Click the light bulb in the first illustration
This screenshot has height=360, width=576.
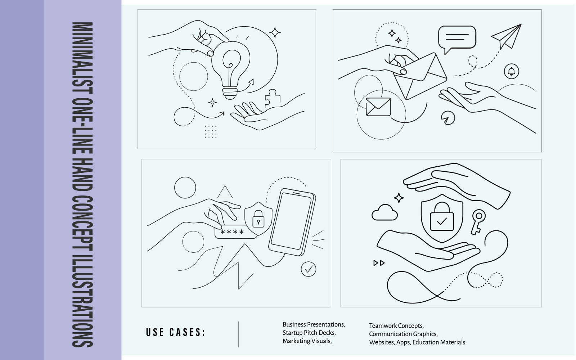tap(231, 70)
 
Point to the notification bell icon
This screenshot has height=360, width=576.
tap(512, 71)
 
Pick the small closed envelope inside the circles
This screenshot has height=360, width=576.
tap(378, 107)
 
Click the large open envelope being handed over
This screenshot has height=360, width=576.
tap(420, 76)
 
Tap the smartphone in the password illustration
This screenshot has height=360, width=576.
tap(292, 222)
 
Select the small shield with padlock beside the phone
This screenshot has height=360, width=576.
tap(258, 218)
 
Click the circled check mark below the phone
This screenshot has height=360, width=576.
tap(308, 269)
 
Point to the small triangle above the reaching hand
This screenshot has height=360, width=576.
tap(225, 192)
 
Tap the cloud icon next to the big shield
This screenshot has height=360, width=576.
tap(385, 212)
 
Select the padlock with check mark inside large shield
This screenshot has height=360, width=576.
tap(442, 216)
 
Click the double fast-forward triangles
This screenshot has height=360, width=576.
tap(379, 263)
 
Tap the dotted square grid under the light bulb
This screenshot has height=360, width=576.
tap(211, 132)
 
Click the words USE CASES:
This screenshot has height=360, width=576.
tap(176, 332)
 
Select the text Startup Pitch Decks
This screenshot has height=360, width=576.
tap(309, 333)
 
